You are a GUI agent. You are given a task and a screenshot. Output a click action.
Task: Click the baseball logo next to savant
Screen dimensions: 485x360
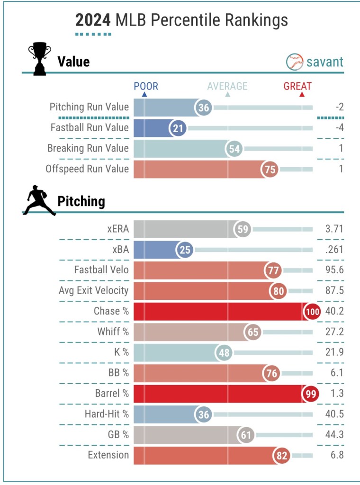coord(295,62)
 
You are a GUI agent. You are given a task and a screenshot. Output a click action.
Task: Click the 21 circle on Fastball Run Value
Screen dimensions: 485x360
coord(178,128)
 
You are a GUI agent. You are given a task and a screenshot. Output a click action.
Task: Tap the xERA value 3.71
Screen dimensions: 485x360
coord(334,229)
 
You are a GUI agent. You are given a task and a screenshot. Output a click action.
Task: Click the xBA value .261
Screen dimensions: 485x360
coord(334,250)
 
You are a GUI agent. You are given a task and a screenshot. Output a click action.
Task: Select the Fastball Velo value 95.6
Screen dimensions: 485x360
coord(334,270)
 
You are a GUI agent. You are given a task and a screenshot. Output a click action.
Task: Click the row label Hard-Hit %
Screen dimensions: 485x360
coord(107,414)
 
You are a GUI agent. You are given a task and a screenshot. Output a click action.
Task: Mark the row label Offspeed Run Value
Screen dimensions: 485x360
coord(87,169)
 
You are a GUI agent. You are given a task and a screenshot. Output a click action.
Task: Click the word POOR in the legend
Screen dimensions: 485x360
coord(146,86)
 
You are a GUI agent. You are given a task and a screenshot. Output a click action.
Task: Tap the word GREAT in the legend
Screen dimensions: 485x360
coord(297,86)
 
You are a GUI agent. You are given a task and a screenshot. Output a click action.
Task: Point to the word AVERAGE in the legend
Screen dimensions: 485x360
coord(227,86)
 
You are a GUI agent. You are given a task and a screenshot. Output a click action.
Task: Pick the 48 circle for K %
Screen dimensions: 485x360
coord(224,352)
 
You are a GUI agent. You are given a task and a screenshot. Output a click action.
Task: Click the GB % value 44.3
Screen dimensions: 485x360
coord(334,434)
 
